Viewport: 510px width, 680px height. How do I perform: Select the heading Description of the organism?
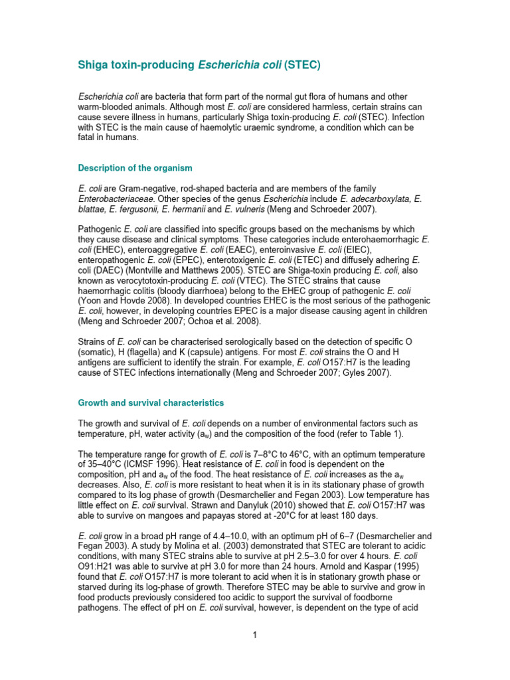click(135, 167)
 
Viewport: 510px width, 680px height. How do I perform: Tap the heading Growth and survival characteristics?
click(151, 402)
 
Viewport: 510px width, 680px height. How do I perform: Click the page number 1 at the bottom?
click(254, 635)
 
